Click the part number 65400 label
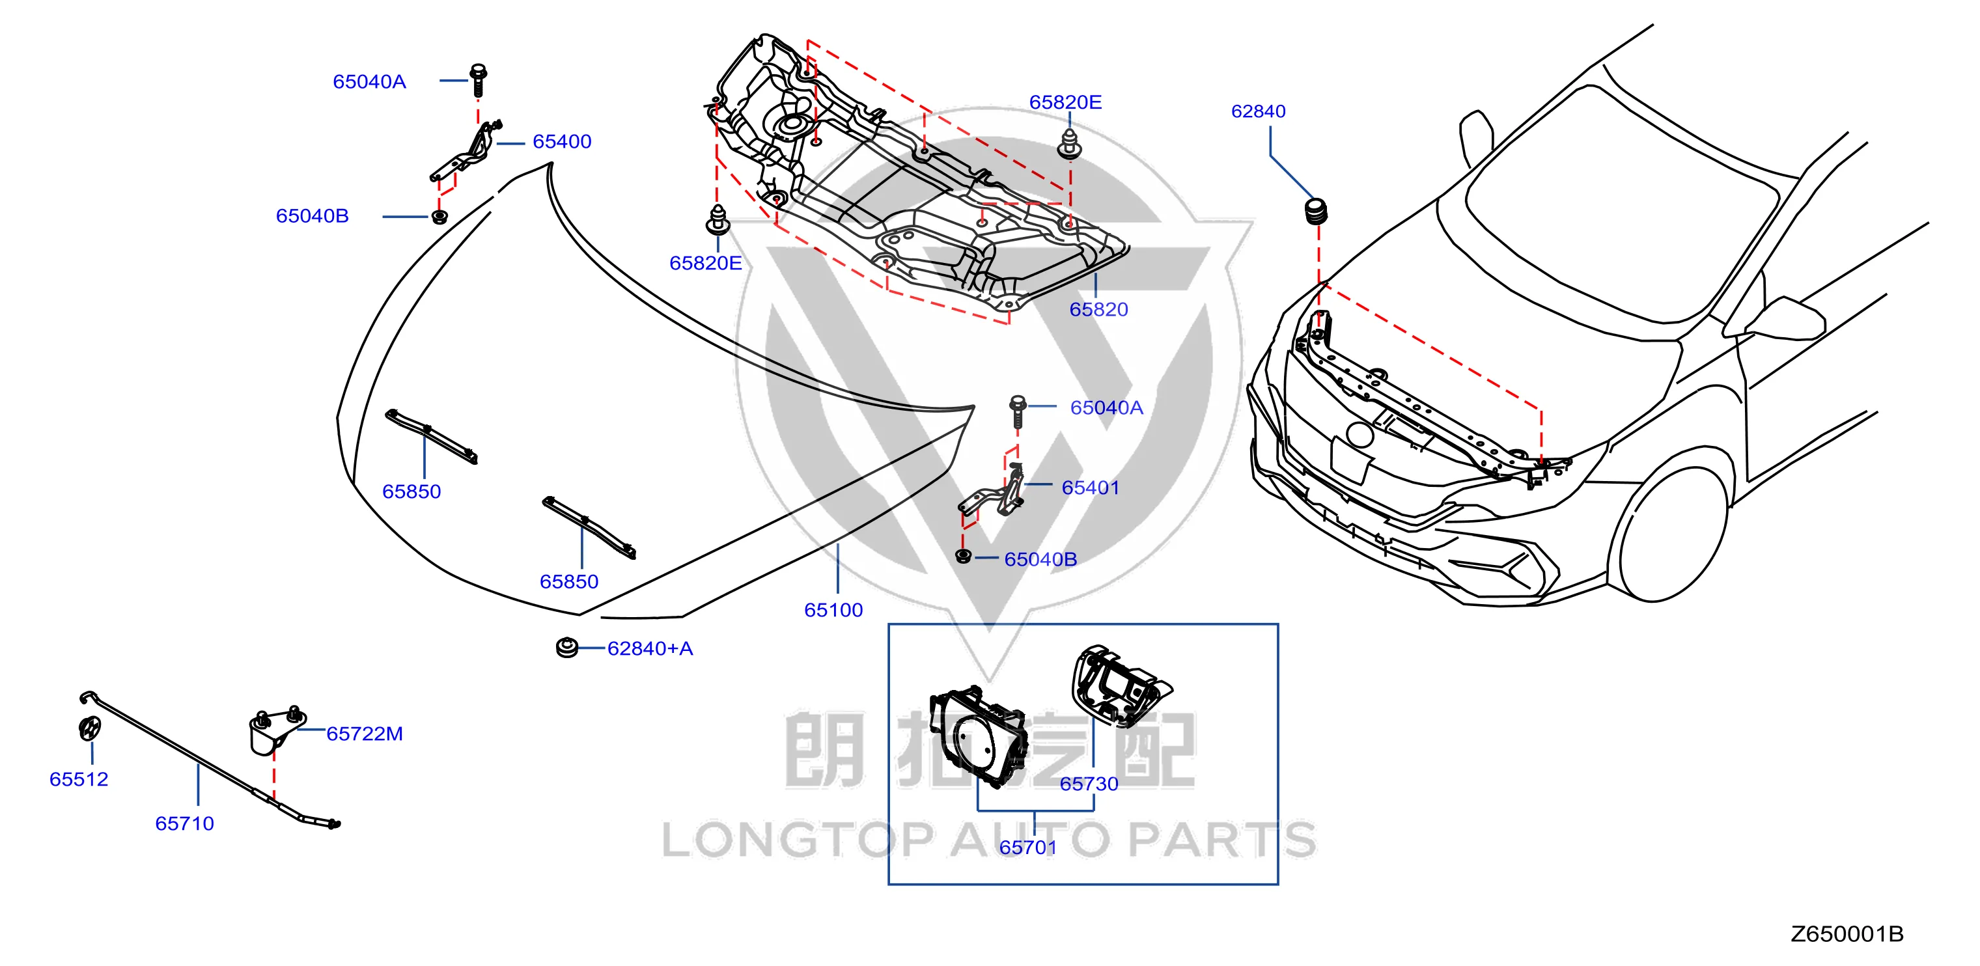562,141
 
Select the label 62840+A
650,648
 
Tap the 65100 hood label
833,610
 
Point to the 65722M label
365,734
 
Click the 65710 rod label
184,824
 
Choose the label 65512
78,779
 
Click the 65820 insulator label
1098,310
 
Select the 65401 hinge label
1090,488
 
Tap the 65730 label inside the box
1089,784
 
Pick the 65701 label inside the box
1027,848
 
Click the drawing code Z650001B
1847,935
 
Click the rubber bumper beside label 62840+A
566,648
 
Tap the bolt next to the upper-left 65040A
477,79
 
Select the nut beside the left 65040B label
439,216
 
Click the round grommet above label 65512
89,728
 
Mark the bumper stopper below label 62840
1316,212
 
